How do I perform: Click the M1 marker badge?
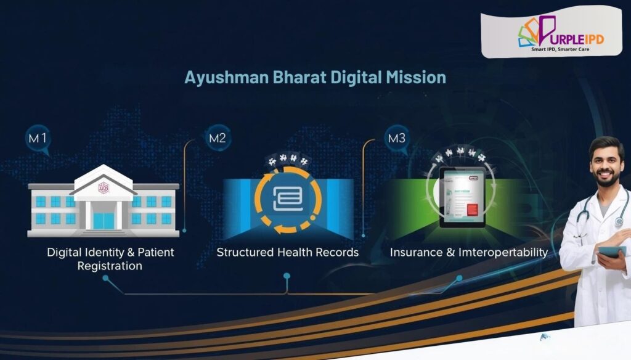[38, 139]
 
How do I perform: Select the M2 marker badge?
[217, 138]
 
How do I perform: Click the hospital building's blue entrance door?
[104, 221]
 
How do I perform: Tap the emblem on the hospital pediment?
[104, 187]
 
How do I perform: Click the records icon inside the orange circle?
[288, 198]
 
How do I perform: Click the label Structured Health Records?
[287, 252]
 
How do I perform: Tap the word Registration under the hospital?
[110, 266]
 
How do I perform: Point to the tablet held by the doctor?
[611, 252]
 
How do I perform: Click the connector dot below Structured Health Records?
[287, 276]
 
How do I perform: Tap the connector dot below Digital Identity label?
[106, 278]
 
